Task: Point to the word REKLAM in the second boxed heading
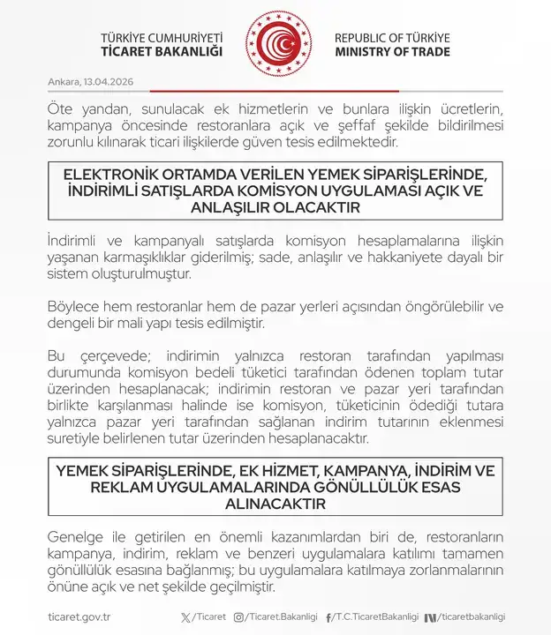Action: pos(123,486)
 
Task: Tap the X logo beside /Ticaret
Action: pos(185,616)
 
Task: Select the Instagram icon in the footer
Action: pos(238,616)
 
